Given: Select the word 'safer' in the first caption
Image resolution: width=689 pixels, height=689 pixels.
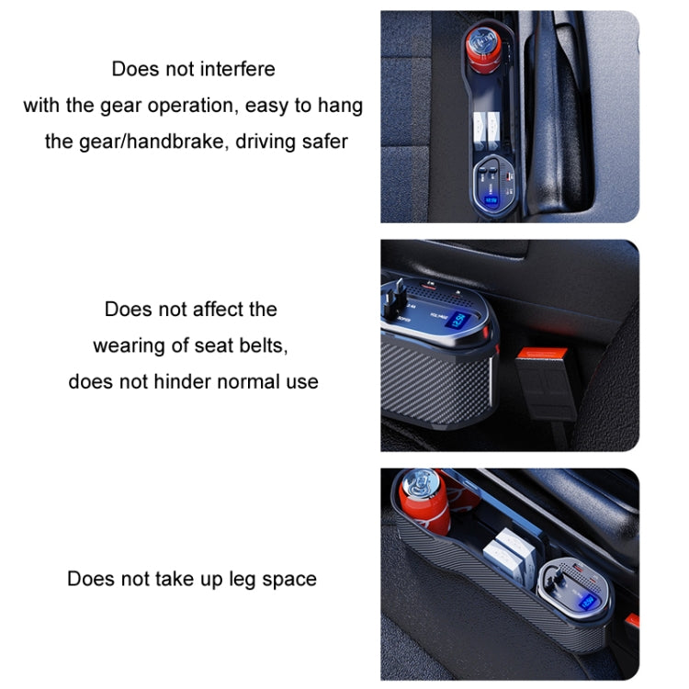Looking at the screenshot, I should click(322, 141).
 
